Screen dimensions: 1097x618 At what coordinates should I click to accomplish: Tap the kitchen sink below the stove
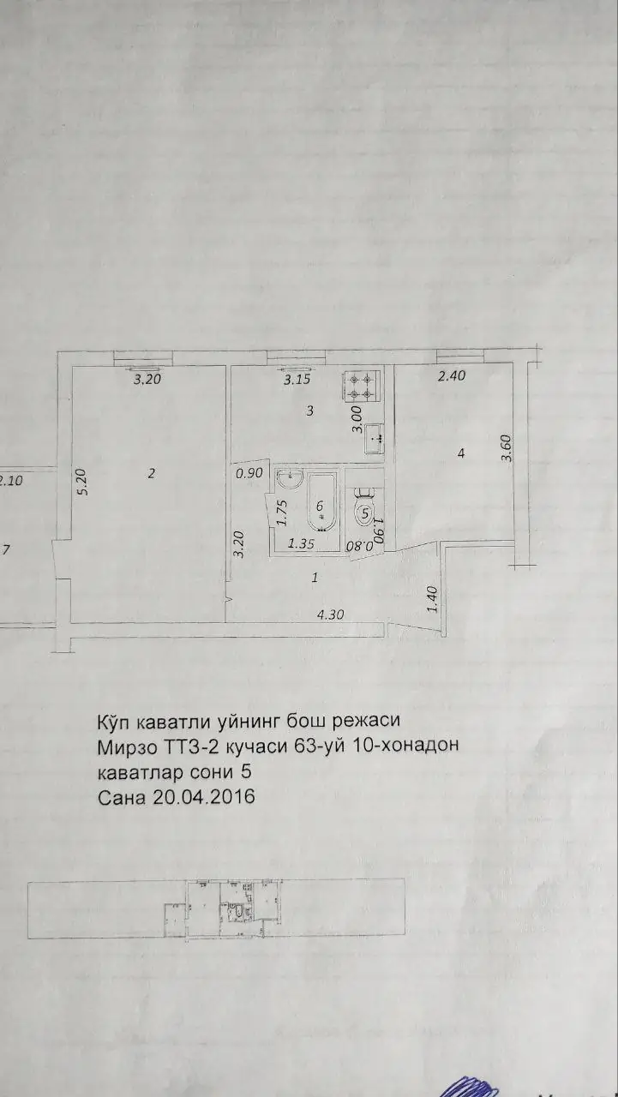coord(375,439)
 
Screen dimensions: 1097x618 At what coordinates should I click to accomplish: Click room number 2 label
coord(151,474)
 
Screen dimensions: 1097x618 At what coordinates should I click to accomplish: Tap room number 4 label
coord(461,453)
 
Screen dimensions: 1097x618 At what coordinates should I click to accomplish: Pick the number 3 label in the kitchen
coord(310,411)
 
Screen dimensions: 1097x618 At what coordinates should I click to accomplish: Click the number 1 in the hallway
coord(316,579)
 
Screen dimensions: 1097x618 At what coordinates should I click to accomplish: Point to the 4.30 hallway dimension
coord(331,614)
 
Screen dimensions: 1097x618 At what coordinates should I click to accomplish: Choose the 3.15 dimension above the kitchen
coord(297,380)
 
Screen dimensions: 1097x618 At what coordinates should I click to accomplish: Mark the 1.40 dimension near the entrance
coord(431,599)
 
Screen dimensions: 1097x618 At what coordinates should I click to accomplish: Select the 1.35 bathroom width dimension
coord(302,543)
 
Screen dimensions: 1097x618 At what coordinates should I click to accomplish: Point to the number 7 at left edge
coord(6,551)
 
